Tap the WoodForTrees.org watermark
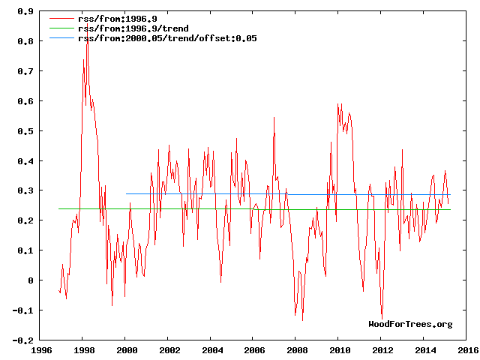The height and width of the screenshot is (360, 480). [x=410, y=324]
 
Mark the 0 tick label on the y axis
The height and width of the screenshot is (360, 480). [x=30, y=280]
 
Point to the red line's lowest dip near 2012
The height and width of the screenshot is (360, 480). [x=382, y=318]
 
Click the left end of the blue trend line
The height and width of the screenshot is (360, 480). [x=127, y=193]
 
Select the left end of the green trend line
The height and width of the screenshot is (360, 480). [x=59, y=208]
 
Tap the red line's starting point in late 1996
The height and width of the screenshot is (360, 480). [x=59, y=290]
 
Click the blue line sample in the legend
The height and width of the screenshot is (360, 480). [x=61, y=37]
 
